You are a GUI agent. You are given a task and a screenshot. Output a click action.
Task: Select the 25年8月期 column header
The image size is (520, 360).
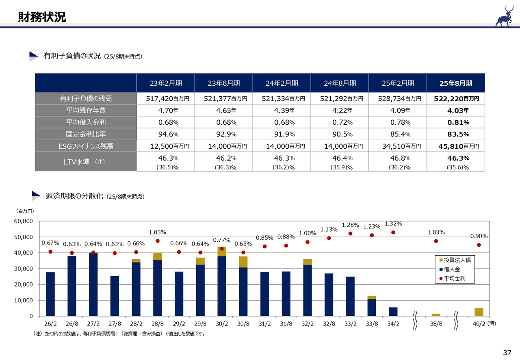coord(456,83)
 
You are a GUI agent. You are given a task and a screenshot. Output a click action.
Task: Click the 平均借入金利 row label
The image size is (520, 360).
coord(86,122)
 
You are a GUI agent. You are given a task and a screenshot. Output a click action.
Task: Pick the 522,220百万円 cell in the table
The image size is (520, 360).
coord(456,98)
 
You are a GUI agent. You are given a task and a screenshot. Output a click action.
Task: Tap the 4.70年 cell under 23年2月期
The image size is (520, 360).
coord(166,110)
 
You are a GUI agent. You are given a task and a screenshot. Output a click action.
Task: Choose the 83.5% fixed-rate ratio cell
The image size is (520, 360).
coord(456,134)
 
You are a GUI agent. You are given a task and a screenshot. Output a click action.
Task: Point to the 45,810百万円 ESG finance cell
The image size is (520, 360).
coord(456,146)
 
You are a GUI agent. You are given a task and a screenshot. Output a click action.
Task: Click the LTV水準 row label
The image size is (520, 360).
coord(86,162)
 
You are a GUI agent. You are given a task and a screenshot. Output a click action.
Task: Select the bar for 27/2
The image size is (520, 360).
coord(93,284)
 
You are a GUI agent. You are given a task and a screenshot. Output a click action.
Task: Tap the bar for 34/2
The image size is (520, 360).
coord(393,312)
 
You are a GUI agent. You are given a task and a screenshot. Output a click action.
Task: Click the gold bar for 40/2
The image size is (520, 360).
coord(479,312)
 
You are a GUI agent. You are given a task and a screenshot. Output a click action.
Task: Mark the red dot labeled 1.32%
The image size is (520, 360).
coord(393,232)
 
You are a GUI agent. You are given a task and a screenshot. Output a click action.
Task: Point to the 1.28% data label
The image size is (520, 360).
coord(350,225)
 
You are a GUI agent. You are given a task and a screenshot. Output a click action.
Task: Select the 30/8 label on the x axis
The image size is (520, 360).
coord(243,323)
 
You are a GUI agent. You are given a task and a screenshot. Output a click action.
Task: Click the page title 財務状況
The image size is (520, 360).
coord(42,17)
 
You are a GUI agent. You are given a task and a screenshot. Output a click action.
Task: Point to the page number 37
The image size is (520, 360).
coord(507,352)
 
